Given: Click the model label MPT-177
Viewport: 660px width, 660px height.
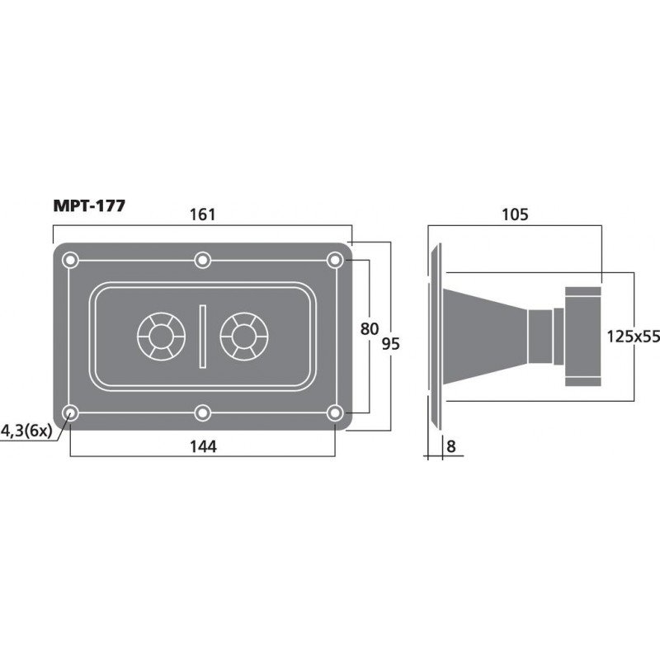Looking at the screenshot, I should click(90, 206).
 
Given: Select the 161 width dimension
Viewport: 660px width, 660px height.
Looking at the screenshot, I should click(202, 214).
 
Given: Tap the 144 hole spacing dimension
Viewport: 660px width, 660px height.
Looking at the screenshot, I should click(202, 446).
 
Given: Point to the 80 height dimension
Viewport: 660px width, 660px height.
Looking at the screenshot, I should click(370, 329).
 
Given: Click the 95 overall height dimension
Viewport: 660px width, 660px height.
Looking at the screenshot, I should click(391, 344).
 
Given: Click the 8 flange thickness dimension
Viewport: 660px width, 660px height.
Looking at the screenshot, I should click(450, 446).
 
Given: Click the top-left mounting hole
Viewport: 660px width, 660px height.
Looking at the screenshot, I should click(71, 261).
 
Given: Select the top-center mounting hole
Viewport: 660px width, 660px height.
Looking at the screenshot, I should click(202, 261).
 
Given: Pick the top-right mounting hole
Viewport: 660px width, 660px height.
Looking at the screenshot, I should click(334, 261).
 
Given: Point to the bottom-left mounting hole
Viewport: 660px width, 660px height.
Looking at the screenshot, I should click(71, 412).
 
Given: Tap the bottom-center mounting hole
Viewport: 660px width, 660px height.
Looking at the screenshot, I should click(202, 412).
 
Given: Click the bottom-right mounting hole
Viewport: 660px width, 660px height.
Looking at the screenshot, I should click(334, 412).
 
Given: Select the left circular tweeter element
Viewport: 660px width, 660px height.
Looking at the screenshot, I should click(159, 337).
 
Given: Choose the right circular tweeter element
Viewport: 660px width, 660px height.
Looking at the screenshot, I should click(244, 337).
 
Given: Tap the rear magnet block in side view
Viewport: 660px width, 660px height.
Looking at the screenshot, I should click(583, 336).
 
